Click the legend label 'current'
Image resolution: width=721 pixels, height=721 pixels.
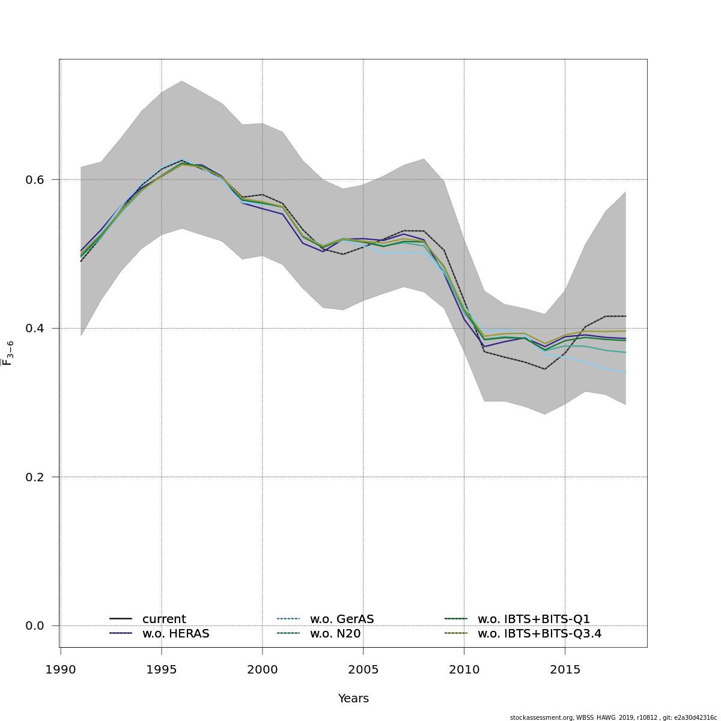point(164,619)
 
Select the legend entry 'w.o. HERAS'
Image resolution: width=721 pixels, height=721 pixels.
point(175,633)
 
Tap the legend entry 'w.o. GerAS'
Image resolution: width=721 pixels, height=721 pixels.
point(342,619)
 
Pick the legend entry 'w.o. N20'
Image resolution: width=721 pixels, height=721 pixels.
point(335,633)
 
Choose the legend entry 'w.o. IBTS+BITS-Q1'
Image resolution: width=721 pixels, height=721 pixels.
point(534,619)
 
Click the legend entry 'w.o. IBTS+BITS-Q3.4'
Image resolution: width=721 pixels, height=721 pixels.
point(540,633)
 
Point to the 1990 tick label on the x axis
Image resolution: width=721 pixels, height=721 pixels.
point(61,669)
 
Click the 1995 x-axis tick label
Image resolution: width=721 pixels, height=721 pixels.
point(162,669)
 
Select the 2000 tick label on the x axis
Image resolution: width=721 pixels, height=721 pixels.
point(263,669)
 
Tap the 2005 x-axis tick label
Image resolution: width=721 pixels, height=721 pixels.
point(364,669)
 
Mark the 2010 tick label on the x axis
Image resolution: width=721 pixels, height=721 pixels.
point(464,669)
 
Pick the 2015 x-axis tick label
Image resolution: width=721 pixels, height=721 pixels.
point(565,669)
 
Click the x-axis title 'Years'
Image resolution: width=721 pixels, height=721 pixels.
point(353,699)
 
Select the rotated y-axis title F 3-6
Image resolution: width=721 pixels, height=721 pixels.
point(8,353)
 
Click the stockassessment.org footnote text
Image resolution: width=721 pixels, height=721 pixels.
point(613,717)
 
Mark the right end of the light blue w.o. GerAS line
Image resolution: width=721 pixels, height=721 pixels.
point(626,373)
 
